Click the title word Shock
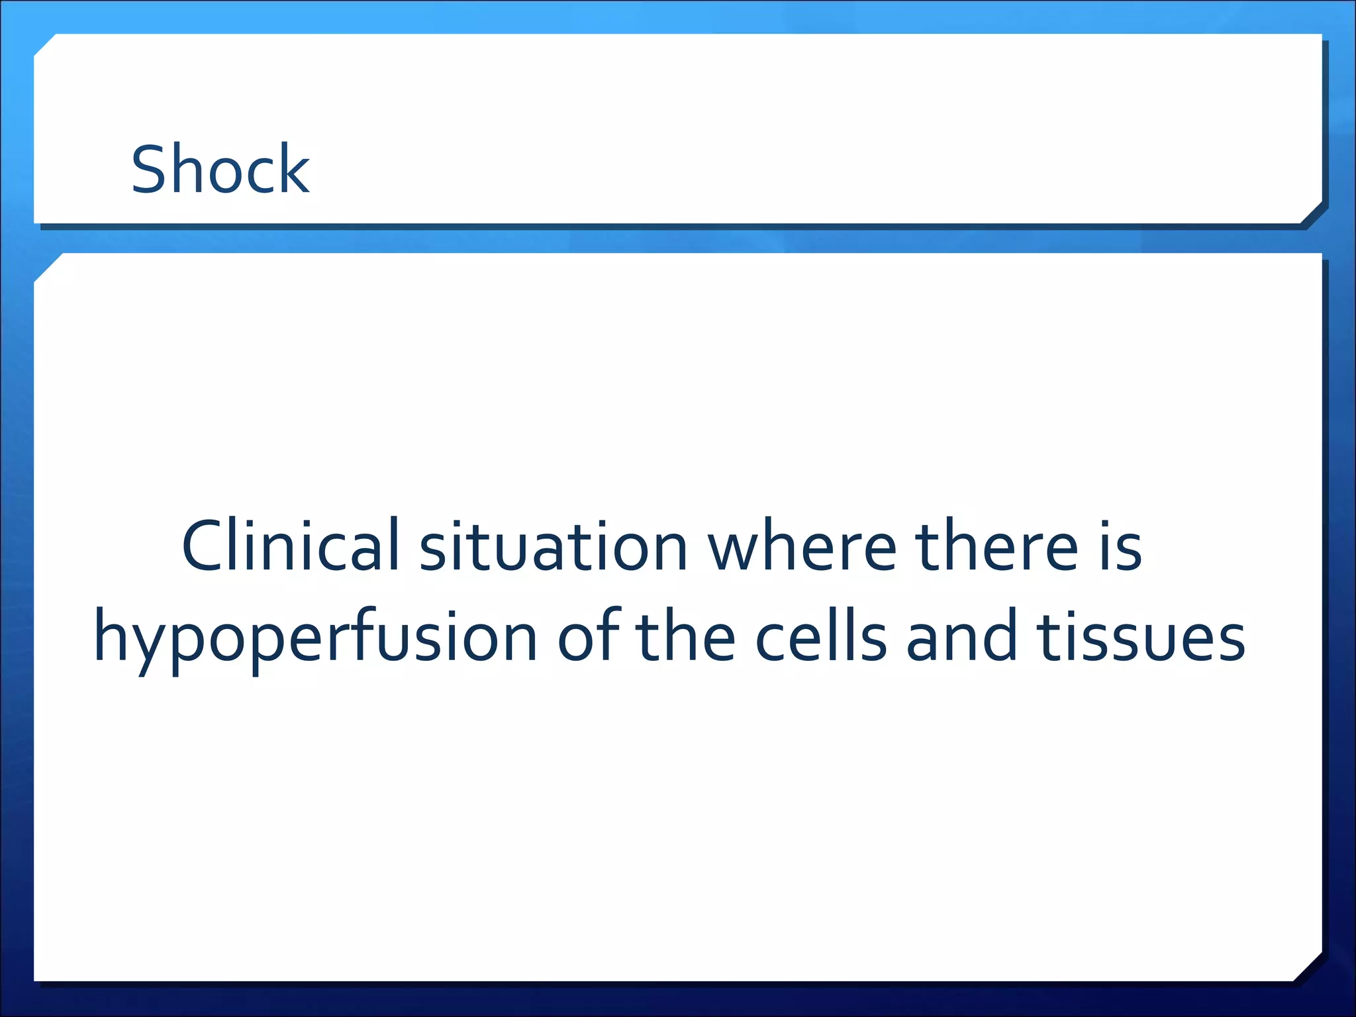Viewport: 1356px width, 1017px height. point(220,169)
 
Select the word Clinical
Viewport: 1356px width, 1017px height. point(291,546)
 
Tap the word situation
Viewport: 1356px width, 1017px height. point(554,547)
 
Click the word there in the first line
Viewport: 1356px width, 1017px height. point(996,547)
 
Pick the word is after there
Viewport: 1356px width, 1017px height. point(1120,547)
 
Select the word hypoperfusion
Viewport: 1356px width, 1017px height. point(315,638)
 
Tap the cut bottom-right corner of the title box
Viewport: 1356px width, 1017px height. point(1311,213)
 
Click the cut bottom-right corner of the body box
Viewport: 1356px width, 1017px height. point(1308,967)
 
